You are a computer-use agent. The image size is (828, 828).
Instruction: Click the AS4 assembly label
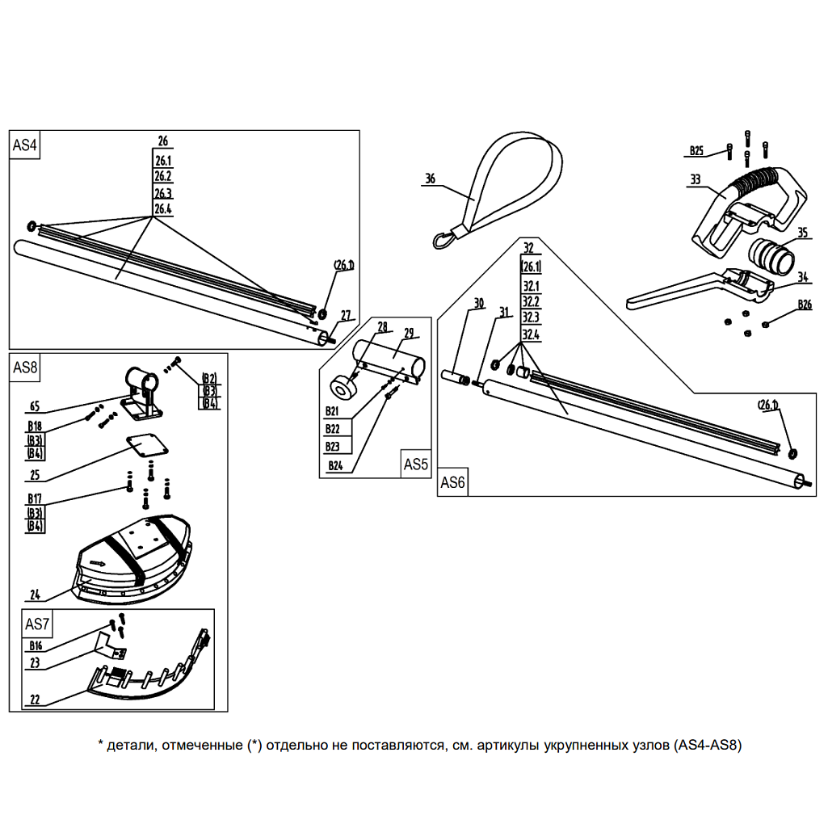point(25,145)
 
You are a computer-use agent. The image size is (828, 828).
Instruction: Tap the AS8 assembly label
point(25,368)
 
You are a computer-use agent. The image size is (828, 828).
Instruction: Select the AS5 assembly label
point(415,464)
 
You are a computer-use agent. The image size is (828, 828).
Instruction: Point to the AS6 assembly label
point(452,483)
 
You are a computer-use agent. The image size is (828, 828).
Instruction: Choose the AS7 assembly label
point(37,624)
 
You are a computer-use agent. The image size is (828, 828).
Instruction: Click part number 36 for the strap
point(430,179)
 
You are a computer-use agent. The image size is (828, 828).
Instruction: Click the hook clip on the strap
point(443,239)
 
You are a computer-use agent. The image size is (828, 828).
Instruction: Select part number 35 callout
point(801,233)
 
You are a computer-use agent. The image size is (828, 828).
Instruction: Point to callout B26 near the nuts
point(804,305)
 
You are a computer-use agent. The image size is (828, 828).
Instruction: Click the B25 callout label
point(696,150)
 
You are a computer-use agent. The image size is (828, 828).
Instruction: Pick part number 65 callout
point(34,405)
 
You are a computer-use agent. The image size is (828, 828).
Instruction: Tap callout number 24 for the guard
point(35,595)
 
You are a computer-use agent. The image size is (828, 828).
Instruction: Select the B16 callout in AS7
point(35,645)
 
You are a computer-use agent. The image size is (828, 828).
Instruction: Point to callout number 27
point(346,315)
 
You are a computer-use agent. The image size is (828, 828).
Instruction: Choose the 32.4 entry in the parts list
point(531,334)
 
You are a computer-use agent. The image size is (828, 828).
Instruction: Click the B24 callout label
point(335,465)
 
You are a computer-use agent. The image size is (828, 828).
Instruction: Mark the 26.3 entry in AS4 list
point(162,194)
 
